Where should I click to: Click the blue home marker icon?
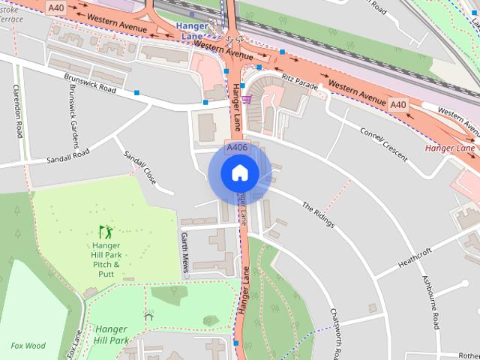click(x=239, y=173)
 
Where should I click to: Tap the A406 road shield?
click(x=236, y=148)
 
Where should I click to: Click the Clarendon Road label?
click(x=17, y=111)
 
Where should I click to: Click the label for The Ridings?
click(x=317, y=215)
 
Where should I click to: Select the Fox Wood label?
click(x=28, y=346)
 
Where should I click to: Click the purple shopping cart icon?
click(x=247, y=99)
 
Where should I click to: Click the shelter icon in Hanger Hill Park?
click(x=148, y=316)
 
